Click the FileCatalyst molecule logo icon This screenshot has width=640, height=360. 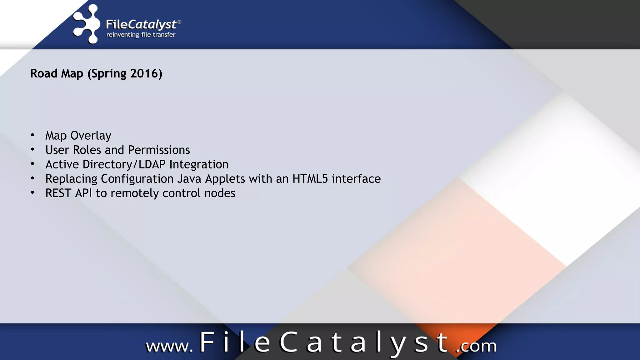tap(86, 24)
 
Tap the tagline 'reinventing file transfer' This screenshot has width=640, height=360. tap(141, 35)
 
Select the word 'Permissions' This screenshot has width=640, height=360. tap(159, 150)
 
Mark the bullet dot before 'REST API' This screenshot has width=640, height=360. tap(32, 193)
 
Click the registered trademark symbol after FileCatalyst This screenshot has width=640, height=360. tap(179, 22)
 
